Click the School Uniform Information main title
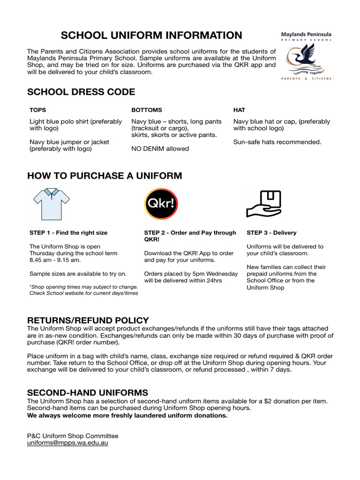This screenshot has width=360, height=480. (x=152, y=35)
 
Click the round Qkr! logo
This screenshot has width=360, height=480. (x=161, y=204)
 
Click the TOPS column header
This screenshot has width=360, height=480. (x=38, y=110)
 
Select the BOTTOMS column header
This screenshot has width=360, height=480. (x=146, y=110)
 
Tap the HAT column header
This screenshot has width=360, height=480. (x=239, y=110)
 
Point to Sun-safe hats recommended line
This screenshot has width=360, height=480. (x=277, y=142)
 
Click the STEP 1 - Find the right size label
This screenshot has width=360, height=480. (x=68, y=232)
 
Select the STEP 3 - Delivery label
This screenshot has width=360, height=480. (x=271, y=232)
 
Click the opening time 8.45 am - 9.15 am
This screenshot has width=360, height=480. (x=55, y=260)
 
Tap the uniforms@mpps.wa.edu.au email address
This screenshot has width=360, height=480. (x=67, y=442)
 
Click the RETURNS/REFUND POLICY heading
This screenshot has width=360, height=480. (x=88, y=321)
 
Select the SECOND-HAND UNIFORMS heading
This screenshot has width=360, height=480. (x=88, y=392)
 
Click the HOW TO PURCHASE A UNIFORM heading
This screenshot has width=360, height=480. (x=105, y=176)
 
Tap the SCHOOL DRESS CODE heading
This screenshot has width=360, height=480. (x=81, y=92)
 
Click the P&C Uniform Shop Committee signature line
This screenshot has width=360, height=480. (x=73, y=435)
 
